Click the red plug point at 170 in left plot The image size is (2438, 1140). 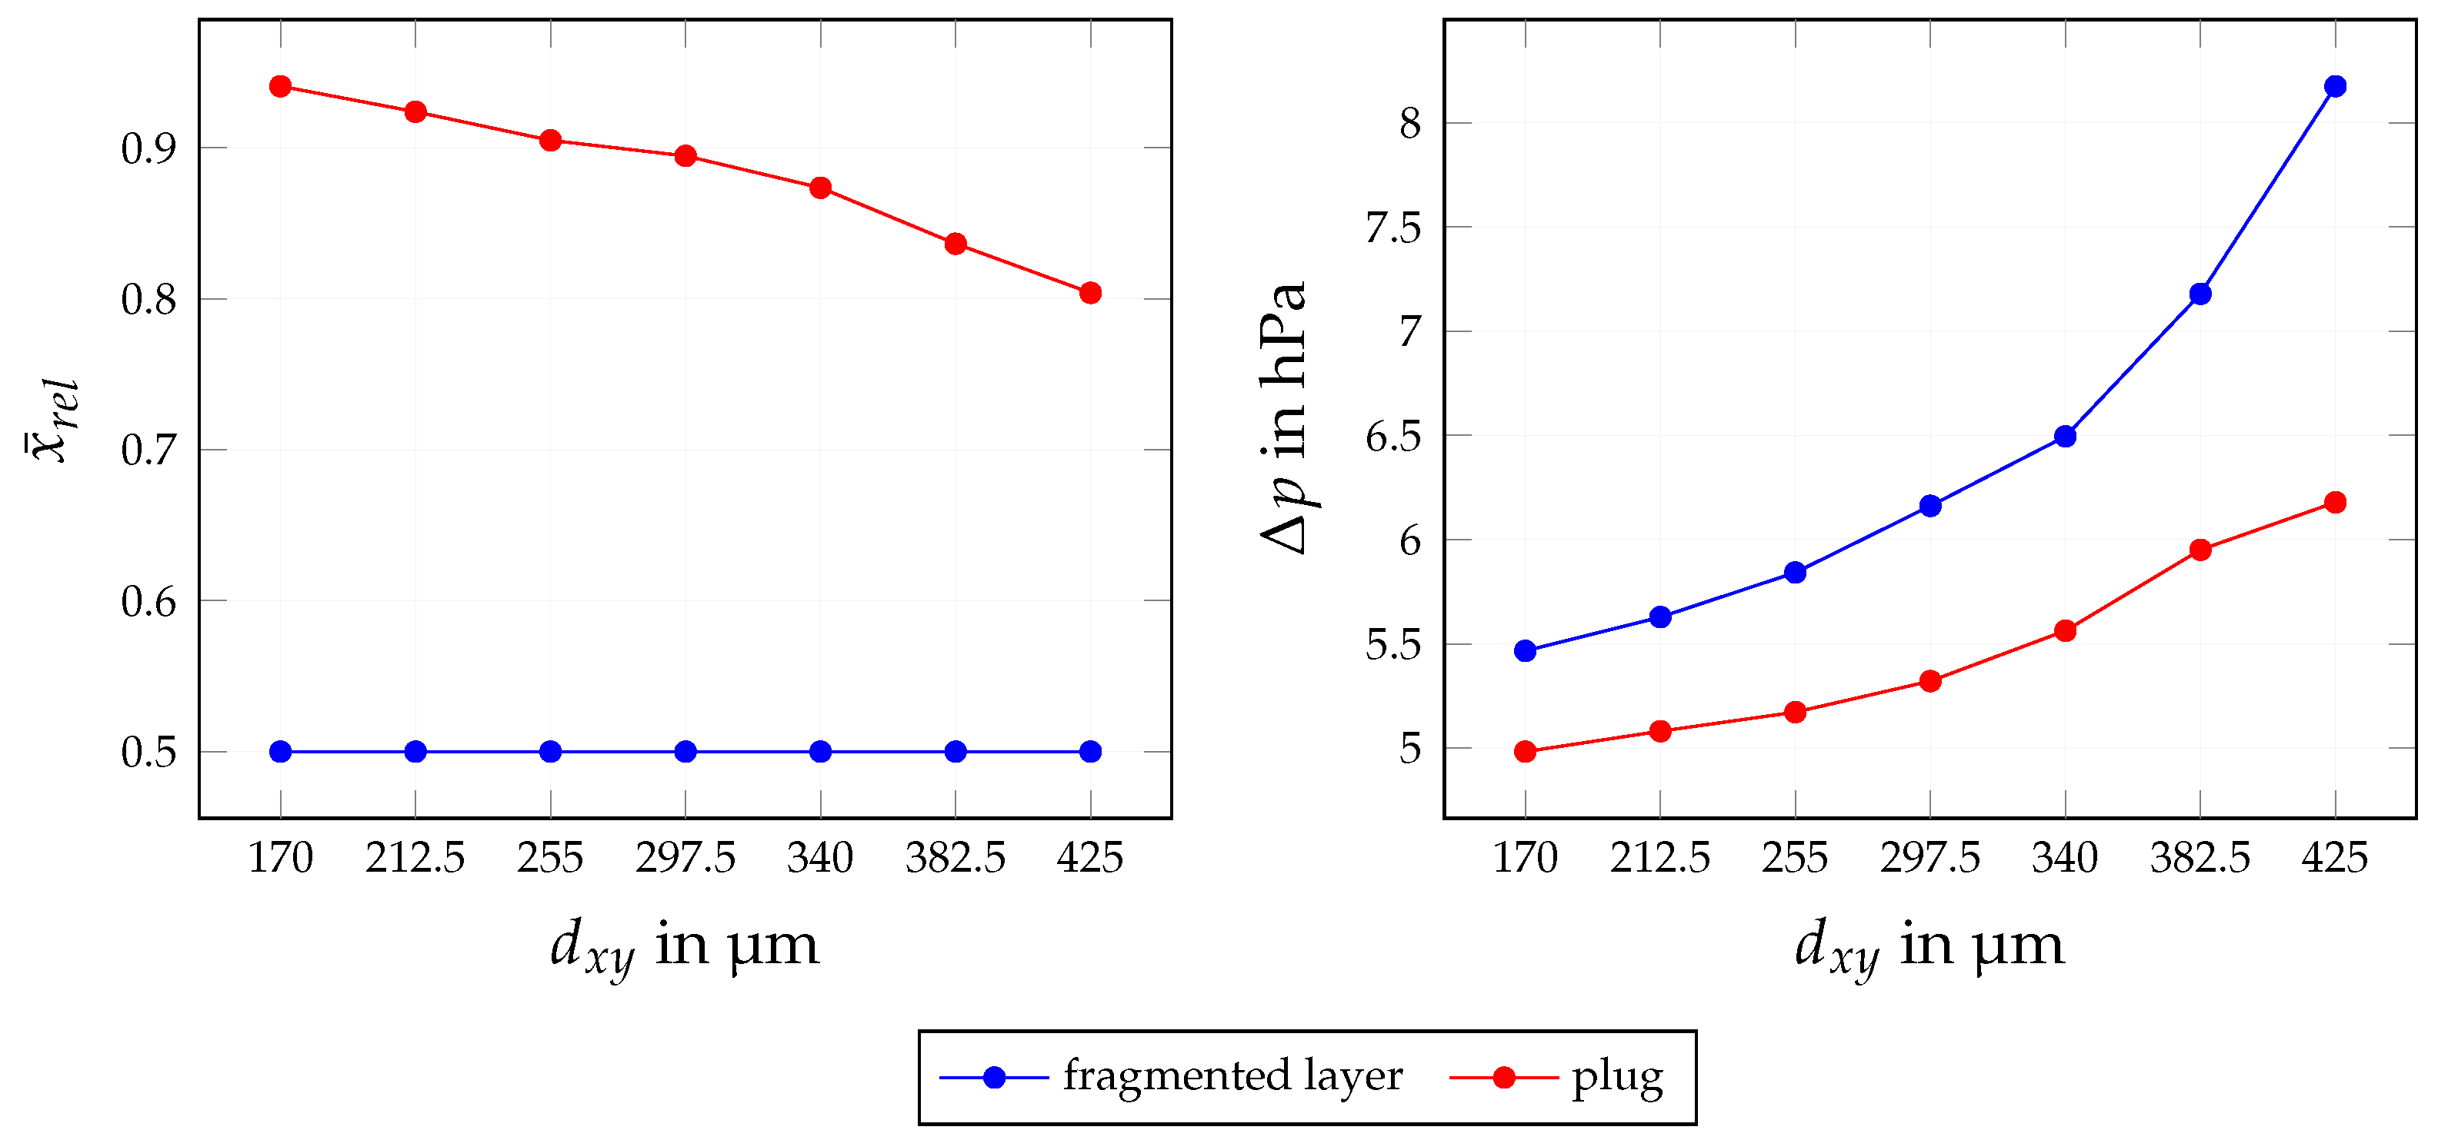point(280,87)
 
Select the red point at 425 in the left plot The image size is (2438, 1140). point(1090,294)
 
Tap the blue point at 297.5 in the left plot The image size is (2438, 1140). point(685,752)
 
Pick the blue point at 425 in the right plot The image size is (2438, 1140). point(2335,87)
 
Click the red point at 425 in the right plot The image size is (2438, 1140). point(2335,503)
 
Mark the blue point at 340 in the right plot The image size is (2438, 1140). point(2065,436)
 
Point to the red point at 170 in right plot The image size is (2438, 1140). point(1525,752)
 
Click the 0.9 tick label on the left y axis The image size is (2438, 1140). point(148,149)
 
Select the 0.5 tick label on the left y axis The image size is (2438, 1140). point(148,753)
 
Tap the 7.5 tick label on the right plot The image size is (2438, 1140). point(1393,228)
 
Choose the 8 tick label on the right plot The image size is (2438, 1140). point(1410,124)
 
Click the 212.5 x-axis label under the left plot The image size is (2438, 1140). point(415,859)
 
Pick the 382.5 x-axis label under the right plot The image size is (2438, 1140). point(2200,859)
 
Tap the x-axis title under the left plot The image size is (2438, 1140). point(684,946)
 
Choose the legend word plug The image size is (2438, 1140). point(1616,1078)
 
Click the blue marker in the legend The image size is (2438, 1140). point(994,1078)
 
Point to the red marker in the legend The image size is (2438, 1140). point(1503,1078)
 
